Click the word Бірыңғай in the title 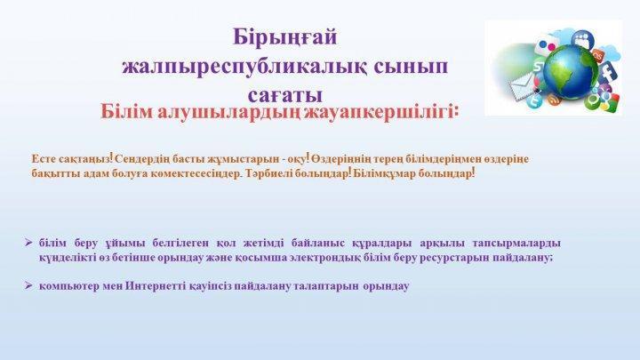285,38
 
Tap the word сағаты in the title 285,95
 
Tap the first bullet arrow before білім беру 28,243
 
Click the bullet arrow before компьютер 28,285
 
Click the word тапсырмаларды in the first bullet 516,244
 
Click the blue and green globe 570,74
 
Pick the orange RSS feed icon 554,100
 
